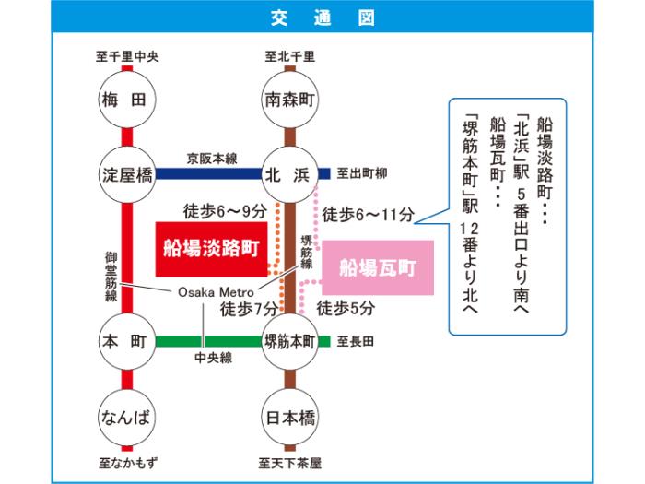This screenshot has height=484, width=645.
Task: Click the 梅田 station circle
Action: point(127,99)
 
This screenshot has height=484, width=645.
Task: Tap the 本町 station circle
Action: point(127,341)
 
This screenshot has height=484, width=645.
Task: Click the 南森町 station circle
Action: point(289,99)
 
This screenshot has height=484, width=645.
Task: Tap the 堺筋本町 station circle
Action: point(289,341)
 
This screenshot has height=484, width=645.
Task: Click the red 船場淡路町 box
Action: point(209,249)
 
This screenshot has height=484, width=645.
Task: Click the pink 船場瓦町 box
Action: point(378,267)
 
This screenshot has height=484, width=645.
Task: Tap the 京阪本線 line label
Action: point(211,156)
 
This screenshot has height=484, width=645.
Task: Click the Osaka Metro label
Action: point(210,292)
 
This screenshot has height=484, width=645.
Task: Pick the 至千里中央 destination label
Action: point(127,57)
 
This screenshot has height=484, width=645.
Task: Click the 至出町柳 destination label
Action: point(361,172)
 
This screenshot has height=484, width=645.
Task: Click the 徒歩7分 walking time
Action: point(249,309)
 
